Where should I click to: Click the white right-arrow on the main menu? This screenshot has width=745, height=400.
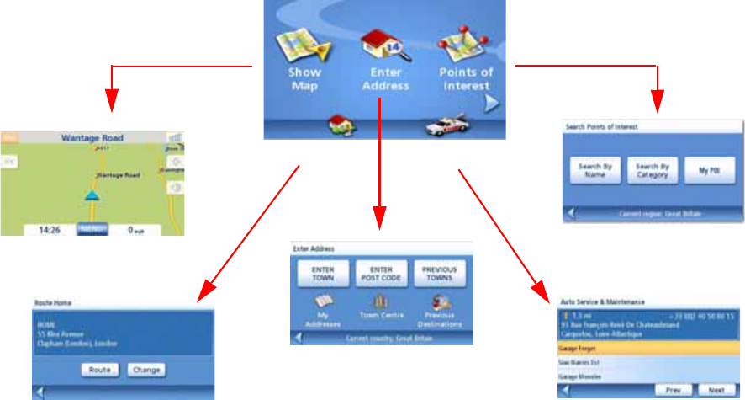tap(493, 104)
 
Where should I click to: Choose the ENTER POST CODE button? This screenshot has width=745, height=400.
tap(381, 273)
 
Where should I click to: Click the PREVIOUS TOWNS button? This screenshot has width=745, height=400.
tap(439, 273)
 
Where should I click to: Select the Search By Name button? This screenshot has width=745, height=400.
tap(595, 171)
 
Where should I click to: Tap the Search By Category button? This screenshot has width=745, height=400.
tap(653, 171)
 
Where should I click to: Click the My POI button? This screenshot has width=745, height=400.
tap(710, 171)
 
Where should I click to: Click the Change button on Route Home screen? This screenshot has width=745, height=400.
tap(146, 369)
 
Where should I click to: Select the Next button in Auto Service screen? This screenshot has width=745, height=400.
tap(716, 391)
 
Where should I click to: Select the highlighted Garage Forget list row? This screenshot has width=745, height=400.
tap(648, 347)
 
